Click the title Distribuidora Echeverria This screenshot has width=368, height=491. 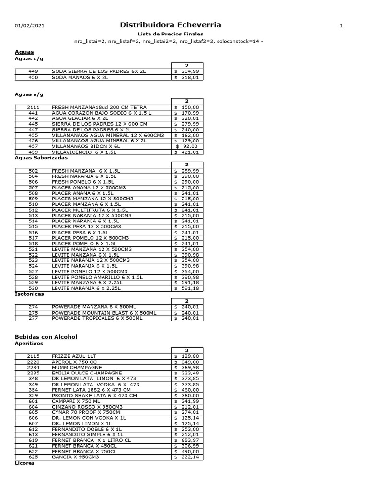pos(170,25)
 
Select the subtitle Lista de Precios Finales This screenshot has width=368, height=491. pos(170,34)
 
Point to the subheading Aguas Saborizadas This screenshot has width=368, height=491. pos(41,157)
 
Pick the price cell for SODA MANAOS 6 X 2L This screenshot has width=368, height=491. pos(188,77)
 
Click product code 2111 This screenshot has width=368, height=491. pos(33,107)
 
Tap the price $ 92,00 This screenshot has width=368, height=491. pos(188,146)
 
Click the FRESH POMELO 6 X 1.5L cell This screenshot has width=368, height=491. pos(83,182)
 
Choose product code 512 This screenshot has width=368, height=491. pos(33,210)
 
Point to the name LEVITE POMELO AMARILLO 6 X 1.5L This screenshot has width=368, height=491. pos(97,277)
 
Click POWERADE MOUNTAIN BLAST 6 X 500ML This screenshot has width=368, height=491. pos(104,313)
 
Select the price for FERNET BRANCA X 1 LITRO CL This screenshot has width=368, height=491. pos(188,440)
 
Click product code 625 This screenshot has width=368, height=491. pos(33,457)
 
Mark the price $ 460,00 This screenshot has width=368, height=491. pos(188,389)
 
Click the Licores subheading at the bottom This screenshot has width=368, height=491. pos(25,464)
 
